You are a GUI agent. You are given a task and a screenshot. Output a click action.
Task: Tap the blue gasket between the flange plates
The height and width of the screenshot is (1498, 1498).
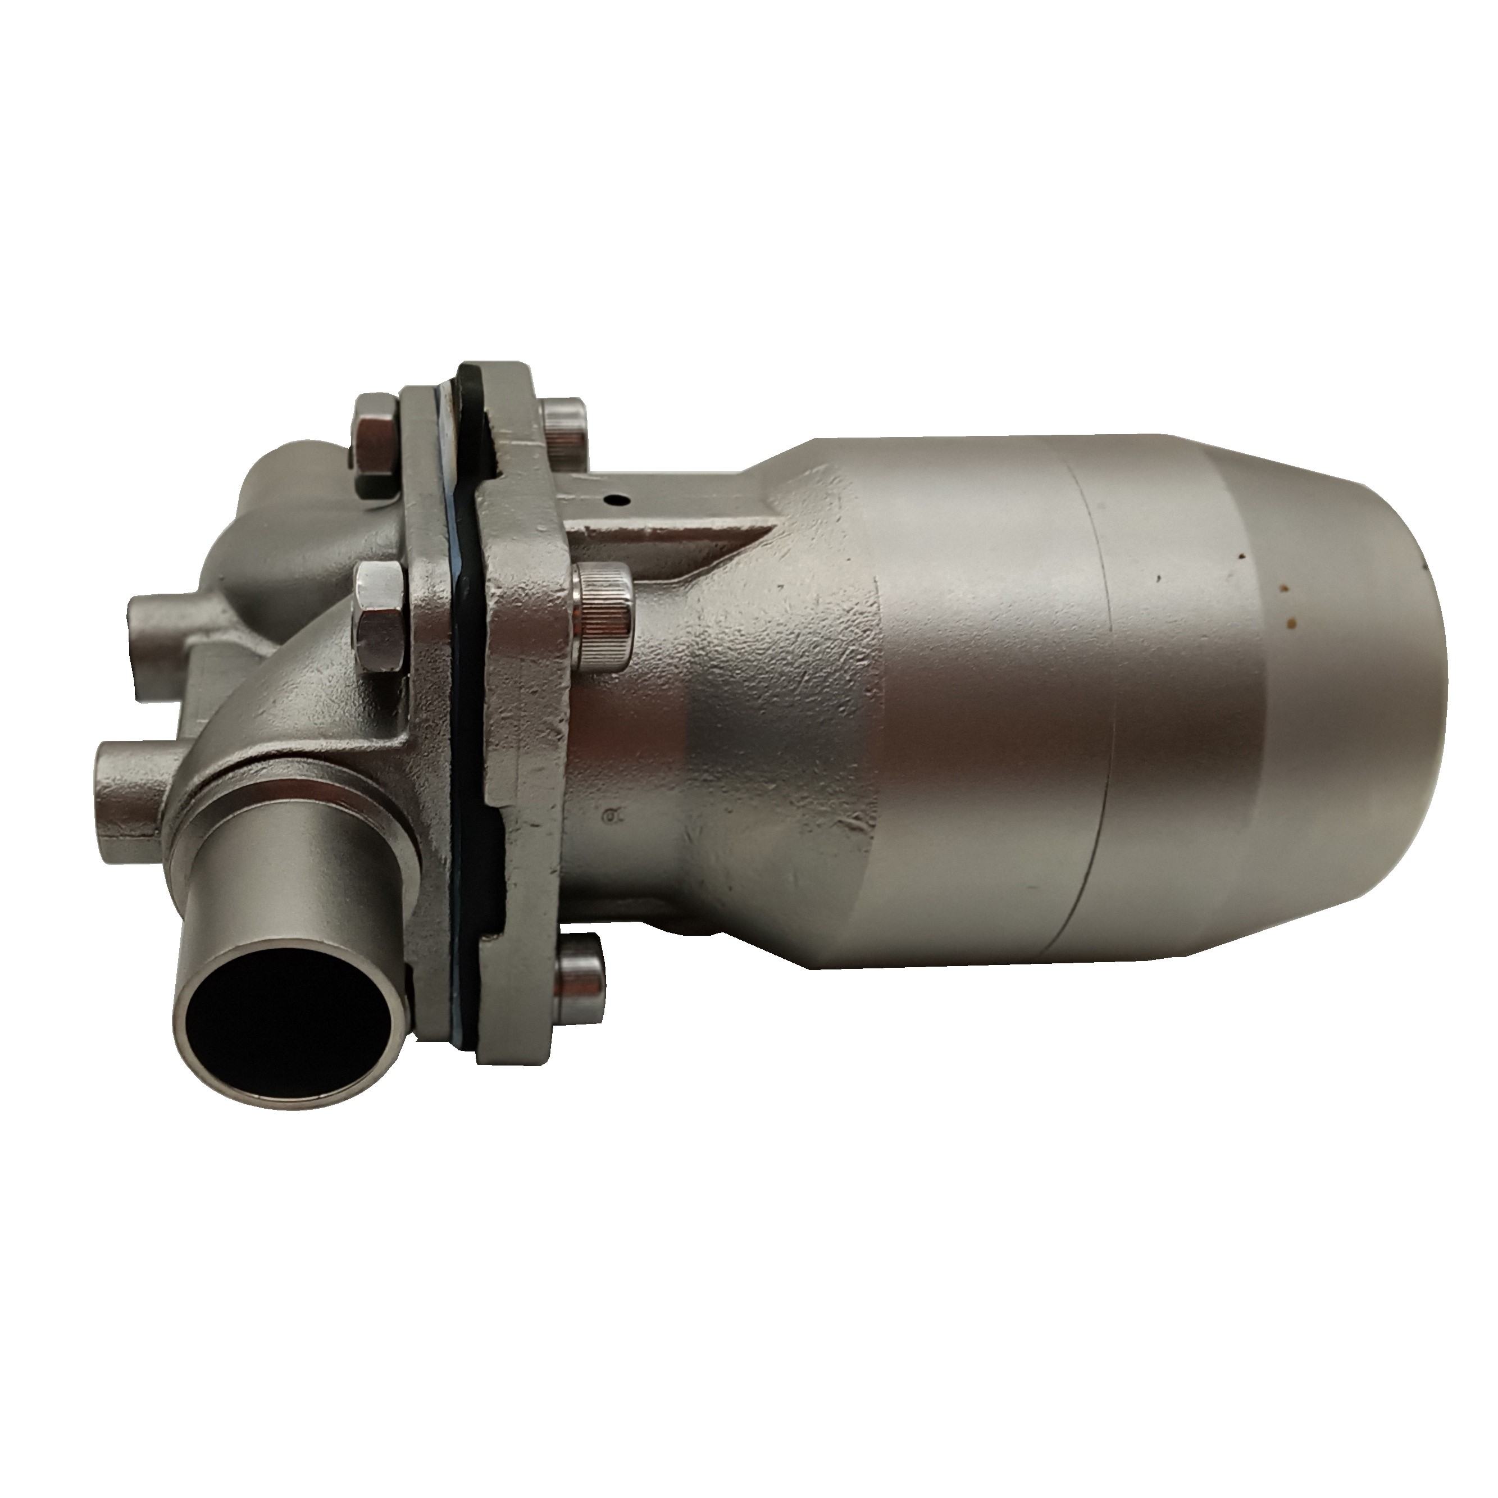[x=465, y=698]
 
